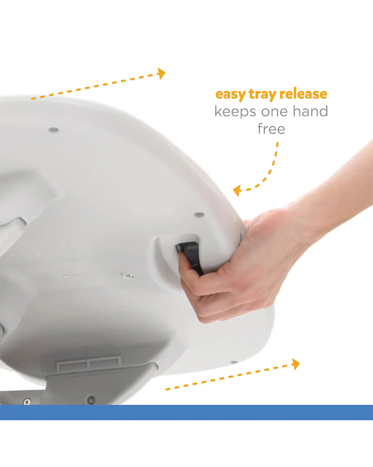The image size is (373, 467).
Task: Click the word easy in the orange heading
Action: [x=231, y=95]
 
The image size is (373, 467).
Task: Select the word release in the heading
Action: [x=303, y=94]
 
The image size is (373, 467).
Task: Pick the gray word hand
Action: [x=310, y=111]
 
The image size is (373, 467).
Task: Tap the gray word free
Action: [x=271, y=129]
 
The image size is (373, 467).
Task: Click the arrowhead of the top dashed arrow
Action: [x=161, y=74]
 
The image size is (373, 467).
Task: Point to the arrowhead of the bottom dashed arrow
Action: [x=296, y=364]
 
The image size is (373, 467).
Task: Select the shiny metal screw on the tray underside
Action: [x=128, y=276]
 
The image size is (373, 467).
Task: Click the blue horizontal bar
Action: [x=186, y=412]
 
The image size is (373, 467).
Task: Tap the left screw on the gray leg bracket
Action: [x=27, y=402]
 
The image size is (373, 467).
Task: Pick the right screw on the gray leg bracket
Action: [x=91, y=399]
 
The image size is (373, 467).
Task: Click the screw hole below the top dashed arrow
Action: [x=54, y=130]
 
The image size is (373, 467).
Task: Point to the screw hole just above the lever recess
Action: [x=199, y=214]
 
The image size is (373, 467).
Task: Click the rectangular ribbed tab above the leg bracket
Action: [x=88, y=364]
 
